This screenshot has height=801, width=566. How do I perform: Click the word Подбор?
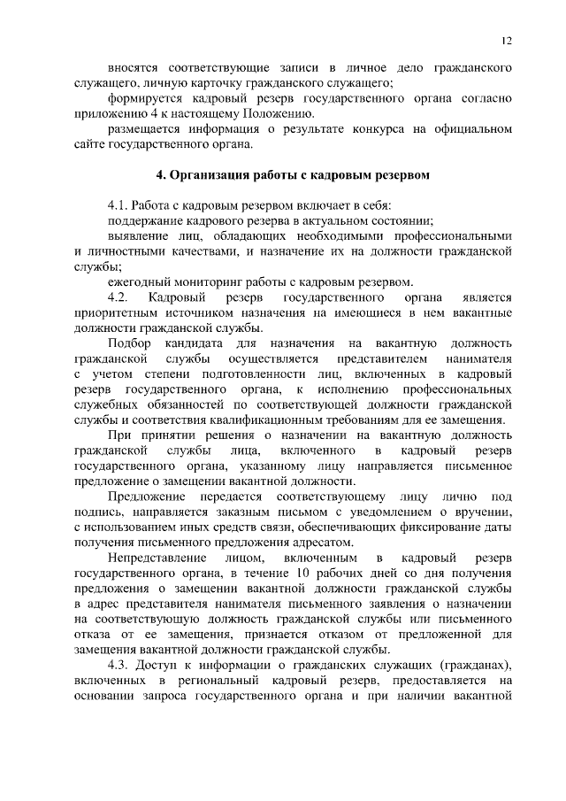tap(131, 343)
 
